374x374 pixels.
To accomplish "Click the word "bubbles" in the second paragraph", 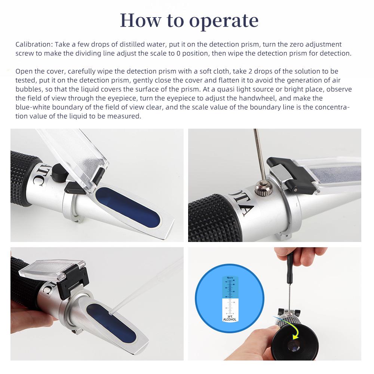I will (x=28, y=89).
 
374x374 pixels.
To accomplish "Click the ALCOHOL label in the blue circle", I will (x=230, y=319).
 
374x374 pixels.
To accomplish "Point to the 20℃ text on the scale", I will (x=230, y=316).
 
